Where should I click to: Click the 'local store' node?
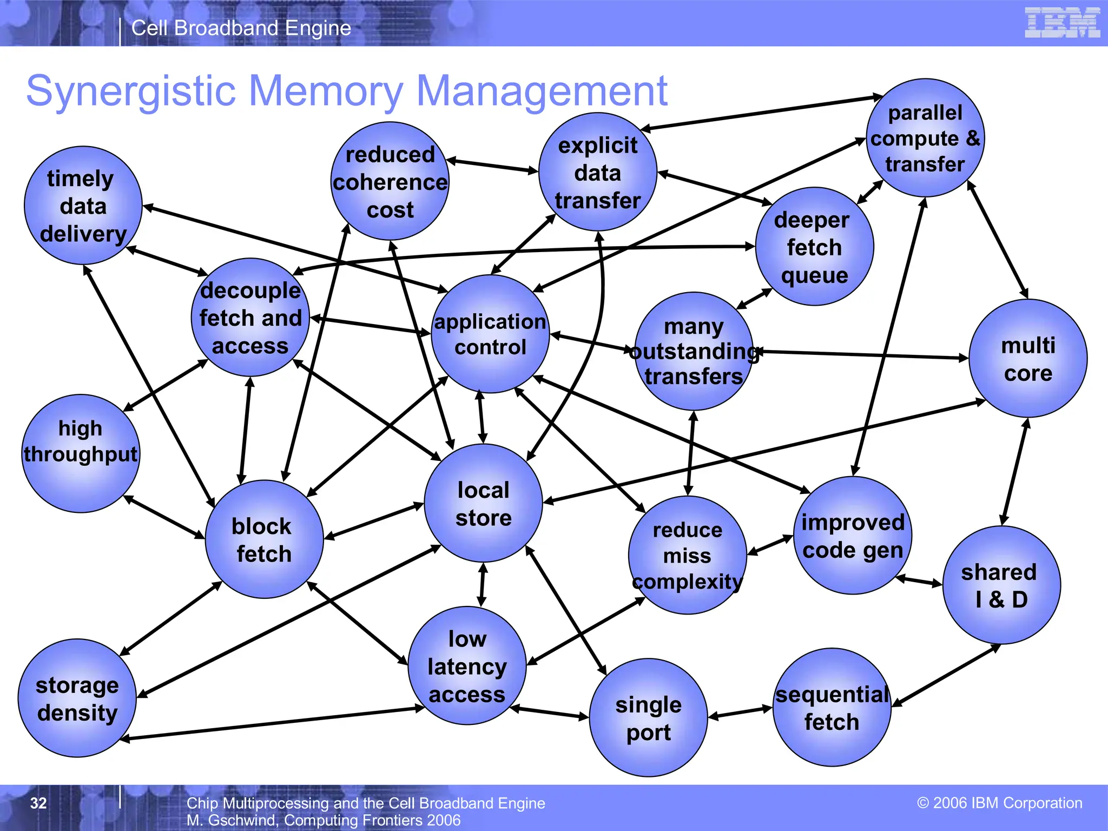483,503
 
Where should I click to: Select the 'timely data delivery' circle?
83,206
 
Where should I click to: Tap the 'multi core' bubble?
1028,358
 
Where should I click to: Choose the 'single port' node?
648,718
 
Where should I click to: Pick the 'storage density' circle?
77,698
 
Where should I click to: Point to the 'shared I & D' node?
1001,585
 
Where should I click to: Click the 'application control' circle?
490,334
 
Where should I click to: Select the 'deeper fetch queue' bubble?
814,247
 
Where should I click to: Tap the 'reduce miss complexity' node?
687,555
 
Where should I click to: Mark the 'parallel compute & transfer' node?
925,138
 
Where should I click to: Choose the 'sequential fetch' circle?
832,707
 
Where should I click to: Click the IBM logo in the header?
1062,23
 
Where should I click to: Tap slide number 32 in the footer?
38,803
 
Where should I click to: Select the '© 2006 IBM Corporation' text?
1000,803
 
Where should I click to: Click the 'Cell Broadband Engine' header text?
241,28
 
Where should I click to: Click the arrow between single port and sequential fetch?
740,712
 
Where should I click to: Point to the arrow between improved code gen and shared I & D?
919,581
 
